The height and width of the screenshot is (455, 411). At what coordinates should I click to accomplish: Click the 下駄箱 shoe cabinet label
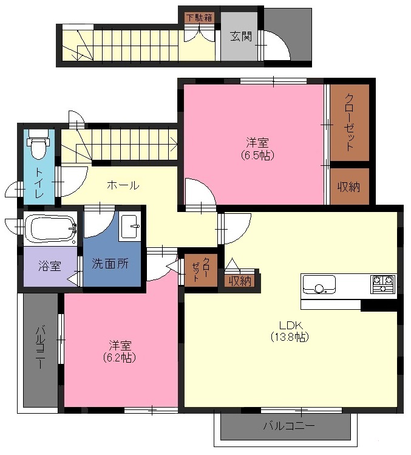[x=200, y=18]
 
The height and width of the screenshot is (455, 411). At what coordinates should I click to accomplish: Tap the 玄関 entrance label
[x=241, y=36]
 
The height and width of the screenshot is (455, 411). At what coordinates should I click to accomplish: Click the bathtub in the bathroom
[x=50, y=229]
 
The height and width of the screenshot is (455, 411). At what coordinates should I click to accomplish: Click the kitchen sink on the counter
[x=319, y=285]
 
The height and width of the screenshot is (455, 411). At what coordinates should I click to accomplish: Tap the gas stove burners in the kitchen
[x=383, y=284]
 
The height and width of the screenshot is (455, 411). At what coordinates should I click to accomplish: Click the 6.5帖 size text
[x=257, y=156]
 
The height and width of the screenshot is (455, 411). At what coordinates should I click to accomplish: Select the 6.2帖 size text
[x=120, y=358]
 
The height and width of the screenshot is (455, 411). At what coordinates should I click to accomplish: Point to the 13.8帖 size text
[x=290, y=337]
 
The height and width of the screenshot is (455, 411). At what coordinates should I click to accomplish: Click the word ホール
[x=123, y=185]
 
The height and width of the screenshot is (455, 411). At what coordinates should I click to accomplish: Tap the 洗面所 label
[x=110, y=263]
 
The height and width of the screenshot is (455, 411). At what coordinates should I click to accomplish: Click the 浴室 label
[x=50, y=265]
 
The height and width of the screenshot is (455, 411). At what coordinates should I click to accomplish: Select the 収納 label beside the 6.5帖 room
[x=348, y=187]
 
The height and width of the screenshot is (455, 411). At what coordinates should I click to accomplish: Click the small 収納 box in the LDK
[x=240, y=281]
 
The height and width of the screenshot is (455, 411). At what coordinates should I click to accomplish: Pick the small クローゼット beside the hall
[x=201, y=270]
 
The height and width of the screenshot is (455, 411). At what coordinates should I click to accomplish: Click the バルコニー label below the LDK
[x=289, y=426]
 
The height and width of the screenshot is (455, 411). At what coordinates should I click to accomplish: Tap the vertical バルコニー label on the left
[x=40, y=347]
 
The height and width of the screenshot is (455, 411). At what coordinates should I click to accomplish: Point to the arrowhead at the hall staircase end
[x=175, y=144]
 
